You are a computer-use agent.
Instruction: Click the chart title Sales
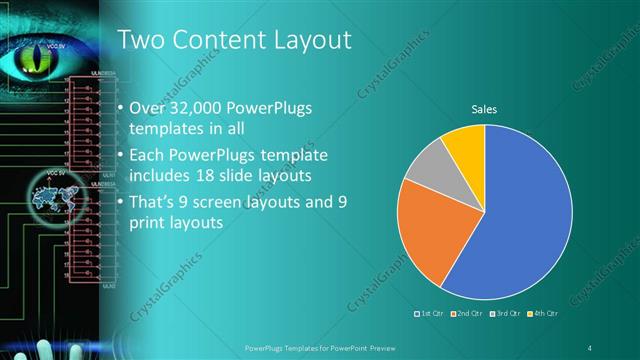point(484,109)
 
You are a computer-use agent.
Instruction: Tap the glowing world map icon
point(51,202)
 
